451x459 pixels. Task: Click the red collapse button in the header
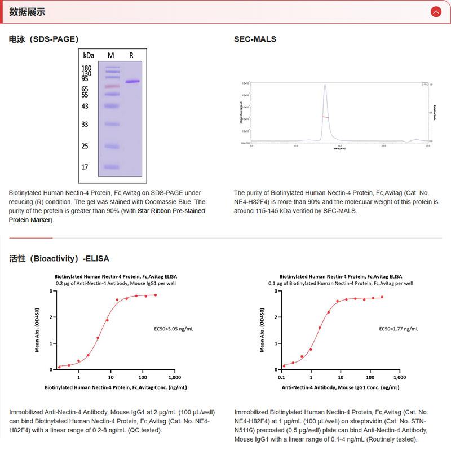[x=435, y=11]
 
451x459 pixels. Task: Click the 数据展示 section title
[x=28, y=12]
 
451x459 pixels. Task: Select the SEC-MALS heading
[x=255, y=39]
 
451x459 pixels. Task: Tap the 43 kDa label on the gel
[x=85, y=106]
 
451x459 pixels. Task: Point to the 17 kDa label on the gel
[x=85, y=167]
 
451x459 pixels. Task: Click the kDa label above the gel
[x=88, y=55]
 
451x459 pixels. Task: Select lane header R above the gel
[x=131, y=55]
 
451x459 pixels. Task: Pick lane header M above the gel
[x=111, y=55]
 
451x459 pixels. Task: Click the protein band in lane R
[x=132, y=82]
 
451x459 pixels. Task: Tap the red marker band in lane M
[x=112, y=86]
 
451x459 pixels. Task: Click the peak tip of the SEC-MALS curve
[x=325, y=85]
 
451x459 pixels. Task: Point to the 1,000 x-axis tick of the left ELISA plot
[x=174, y=377]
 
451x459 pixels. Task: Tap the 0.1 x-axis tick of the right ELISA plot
[x=281, y=377]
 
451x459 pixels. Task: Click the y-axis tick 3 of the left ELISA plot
[x=51, y=291]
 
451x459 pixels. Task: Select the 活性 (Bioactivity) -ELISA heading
[x=59, y=259]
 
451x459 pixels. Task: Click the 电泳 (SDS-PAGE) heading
[x=43, y=39]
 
